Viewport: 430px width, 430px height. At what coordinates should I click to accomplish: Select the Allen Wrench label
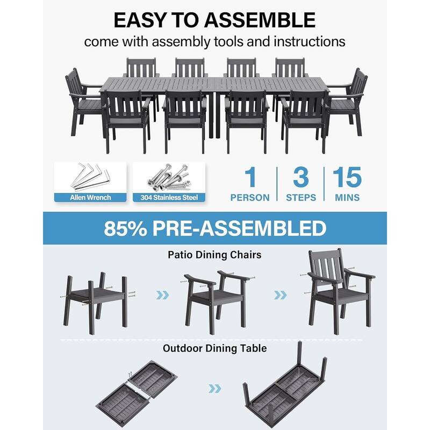tap(90, 197)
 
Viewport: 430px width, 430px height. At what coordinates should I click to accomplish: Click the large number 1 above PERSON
tap(250, 178)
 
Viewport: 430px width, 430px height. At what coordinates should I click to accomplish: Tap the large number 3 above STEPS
tap(300, 178)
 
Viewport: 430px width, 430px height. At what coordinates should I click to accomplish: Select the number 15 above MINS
tap(347, 178)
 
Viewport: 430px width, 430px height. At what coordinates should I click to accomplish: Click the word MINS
tap(347, 198)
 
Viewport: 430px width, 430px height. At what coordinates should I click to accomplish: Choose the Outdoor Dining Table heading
tap(214, 348)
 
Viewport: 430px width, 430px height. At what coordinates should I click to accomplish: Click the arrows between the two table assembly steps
tap(214, 389)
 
